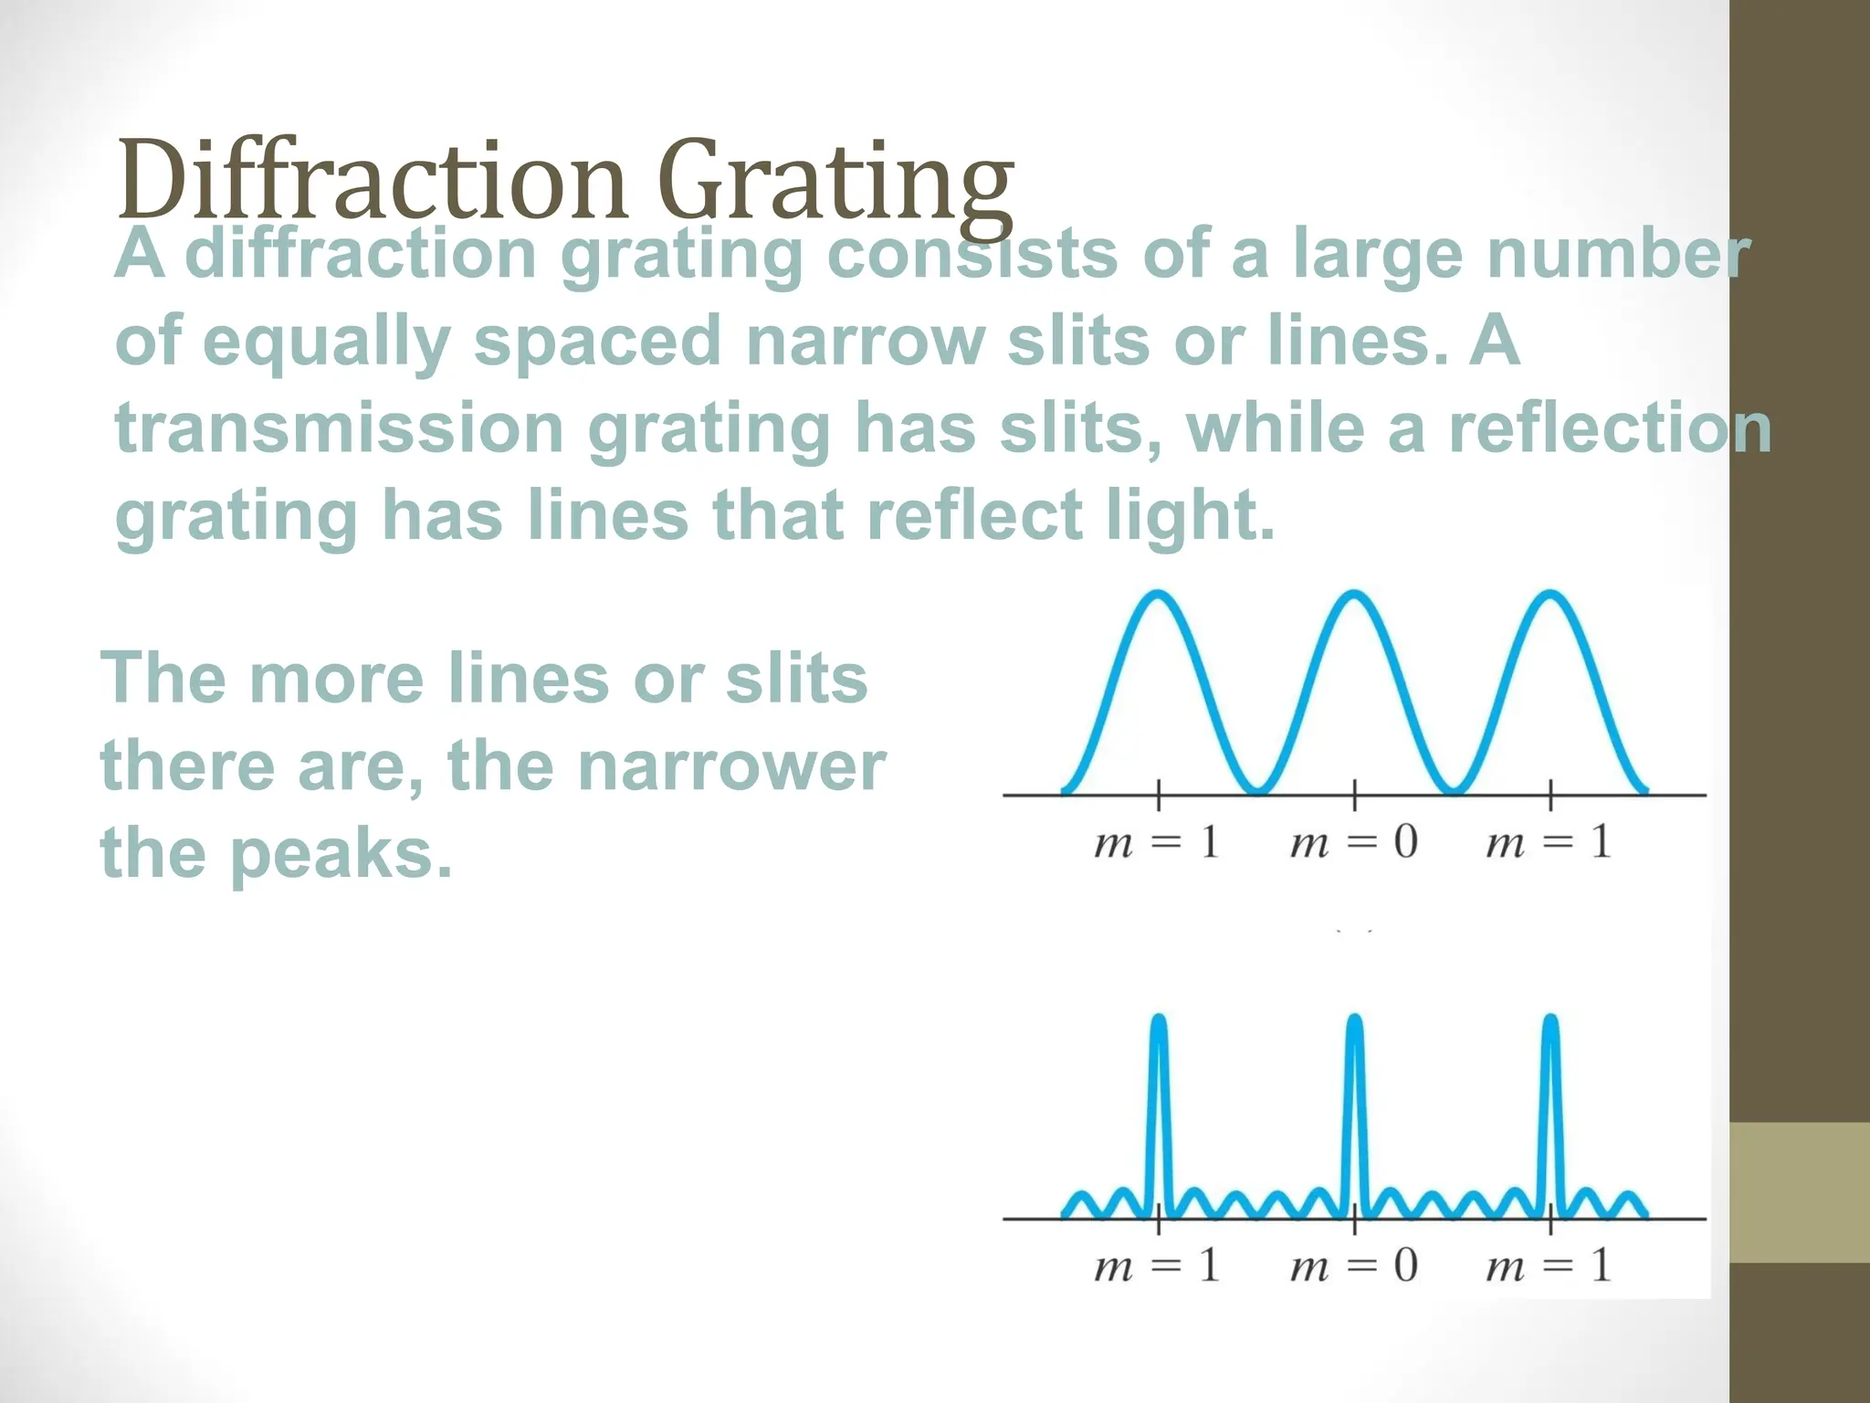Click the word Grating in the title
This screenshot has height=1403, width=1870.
[x=835, y=183]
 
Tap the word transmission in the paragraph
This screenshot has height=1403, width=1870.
[x=339, y=428]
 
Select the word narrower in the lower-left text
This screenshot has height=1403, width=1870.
[x=731, y=765]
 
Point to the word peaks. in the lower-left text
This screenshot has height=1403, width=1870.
[x=341, y=853]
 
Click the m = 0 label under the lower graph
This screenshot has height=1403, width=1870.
[x=1353, y=1266]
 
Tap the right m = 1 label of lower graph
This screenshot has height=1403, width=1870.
[x=1549, y=1266]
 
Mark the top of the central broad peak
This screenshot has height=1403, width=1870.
[x=1355, y=596]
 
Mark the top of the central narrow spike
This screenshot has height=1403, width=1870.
[x=1355, y=1019]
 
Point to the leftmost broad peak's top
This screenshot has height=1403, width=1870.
[x=1159, y=596]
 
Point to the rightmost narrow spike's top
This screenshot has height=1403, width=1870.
[x=1550, y=1019]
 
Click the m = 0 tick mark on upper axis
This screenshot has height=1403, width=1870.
[x=1355, y=796]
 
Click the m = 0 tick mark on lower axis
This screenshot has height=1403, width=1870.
[x=1355, y=1218]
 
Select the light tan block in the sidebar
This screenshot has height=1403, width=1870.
[x=1800, y=1193]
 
